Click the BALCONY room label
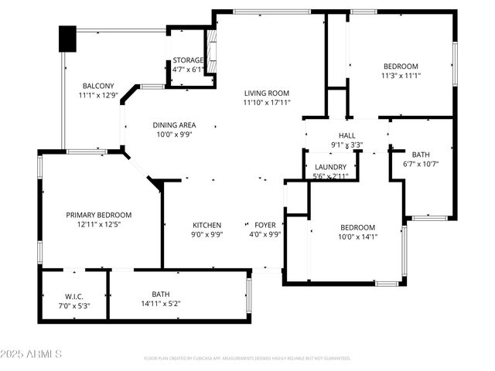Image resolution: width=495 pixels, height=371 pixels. [x=98, y=86]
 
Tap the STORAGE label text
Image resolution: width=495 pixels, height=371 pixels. [x=188, y=60]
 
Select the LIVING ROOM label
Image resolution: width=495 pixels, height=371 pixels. [x=267, y=94]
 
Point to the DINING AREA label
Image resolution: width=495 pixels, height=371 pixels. [x=174, y=125]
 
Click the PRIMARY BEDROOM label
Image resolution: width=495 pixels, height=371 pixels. [x=98, y=215]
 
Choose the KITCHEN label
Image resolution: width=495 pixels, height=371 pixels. [x=207, y=225]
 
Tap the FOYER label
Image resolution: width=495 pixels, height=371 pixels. [x=264, y=225]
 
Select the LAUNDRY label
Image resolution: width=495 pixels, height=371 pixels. [x=330, y=167]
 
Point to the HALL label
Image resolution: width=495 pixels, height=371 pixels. [x=346, y=134]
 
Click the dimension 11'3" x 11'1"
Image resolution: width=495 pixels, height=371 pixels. [x=400, y=76]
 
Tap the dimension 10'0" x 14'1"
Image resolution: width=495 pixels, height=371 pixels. [x=358, y=237]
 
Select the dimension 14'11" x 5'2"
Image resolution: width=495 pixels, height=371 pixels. [x=161, y=304]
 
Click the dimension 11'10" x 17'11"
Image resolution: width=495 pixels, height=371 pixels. [x=267, y=102]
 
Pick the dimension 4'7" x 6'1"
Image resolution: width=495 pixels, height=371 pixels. [x=188, y=70]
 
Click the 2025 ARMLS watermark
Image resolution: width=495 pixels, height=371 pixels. [x=32, y=354]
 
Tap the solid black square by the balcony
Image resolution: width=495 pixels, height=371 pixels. [x=68, y=39]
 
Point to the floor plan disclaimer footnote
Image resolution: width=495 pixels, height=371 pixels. [x=247, y=358]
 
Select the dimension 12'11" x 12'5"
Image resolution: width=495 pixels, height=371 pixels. [x=98, y=224]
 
